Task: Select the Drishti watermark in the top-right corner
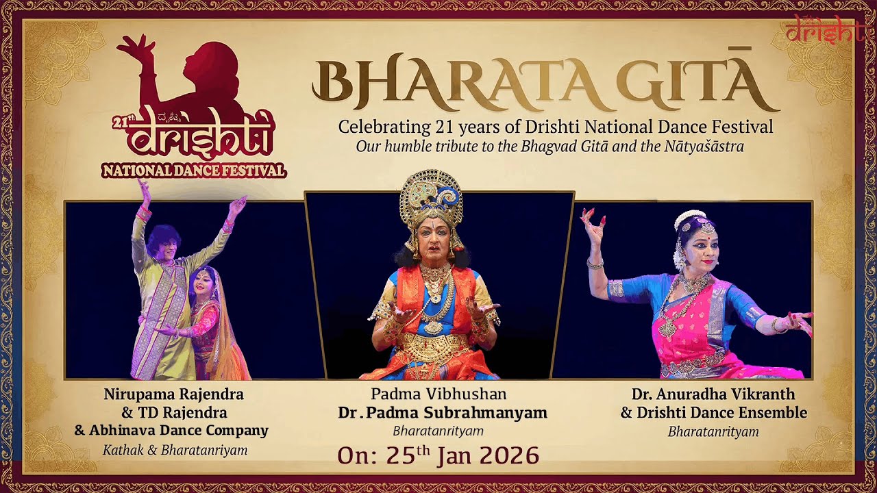[826, 29]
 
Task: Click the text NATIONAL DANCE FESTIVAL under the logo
[194, 170]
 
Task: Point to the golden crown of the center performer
[432, 199]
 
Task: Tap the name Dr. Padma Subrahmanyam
[443, 413]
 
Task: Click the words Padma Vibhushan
[438, 394]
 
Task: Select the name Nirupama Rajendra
[173, 394]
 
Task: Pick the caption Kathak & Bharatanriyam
[175, 451]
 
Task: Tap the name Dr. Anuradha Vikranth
[713, 394]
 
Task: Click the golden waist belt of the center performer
[433, 347]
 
